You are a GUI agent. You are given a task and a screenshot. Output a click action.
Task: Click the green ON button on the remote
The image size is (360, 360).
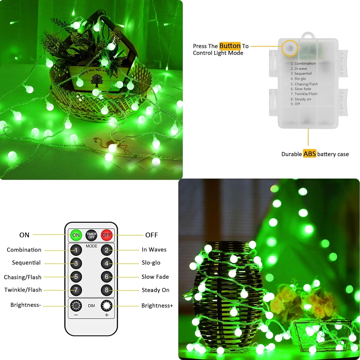pos(76,235)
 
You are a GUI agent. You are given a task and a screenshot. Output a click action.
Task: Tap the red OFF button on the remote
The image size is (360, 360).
pos(107,235)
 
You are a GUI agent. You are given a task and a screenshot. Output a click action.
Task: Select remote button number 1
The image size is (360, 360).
pos(76,250)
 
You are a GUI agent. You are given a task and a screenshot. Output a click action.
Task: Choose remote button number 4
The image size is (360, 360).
pos(107,263)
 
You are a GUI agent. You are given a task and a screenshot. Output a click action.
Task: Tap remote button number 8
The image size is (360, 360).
pos(107,290)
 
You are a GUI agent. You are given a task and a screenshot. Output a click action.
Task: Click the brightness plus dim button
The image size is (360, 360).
pos(107,306)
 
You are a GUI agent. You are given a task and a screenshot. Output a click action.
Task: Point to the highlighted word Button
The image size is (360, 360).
pos(230,46)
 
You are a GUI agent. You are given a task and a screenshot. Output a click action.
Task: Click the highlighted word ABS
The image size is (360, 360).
pos(309,154)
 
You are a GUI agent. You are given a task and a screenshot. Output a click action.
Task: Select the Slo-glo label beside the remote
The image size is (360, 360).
pos(151,262)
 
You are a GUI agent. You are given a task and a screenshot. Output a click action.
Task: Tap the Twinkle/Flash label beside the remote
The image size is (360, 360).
pos(23,290)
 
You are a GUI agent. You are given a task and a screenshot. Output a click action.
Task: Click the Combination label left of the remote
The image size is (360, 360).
pos(24,250)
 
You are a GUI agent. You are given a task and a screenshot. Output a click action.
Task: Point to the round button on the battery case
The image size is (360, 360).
pos(290,48)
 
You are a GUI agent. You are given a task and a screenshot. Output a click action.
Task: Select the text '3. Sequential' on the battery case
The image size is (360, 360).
pos(301,73)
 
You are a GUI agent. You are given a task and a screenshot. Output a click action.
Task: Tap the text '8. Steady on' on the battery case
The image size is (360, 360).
pos(301,99)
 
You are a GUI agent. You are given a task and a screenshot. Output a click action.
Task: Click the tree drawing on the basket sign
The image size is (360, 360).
pos(96,80)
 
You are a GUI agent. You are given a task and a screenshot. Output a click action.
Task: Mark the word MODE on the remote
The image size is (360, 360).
pos(91,246)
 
